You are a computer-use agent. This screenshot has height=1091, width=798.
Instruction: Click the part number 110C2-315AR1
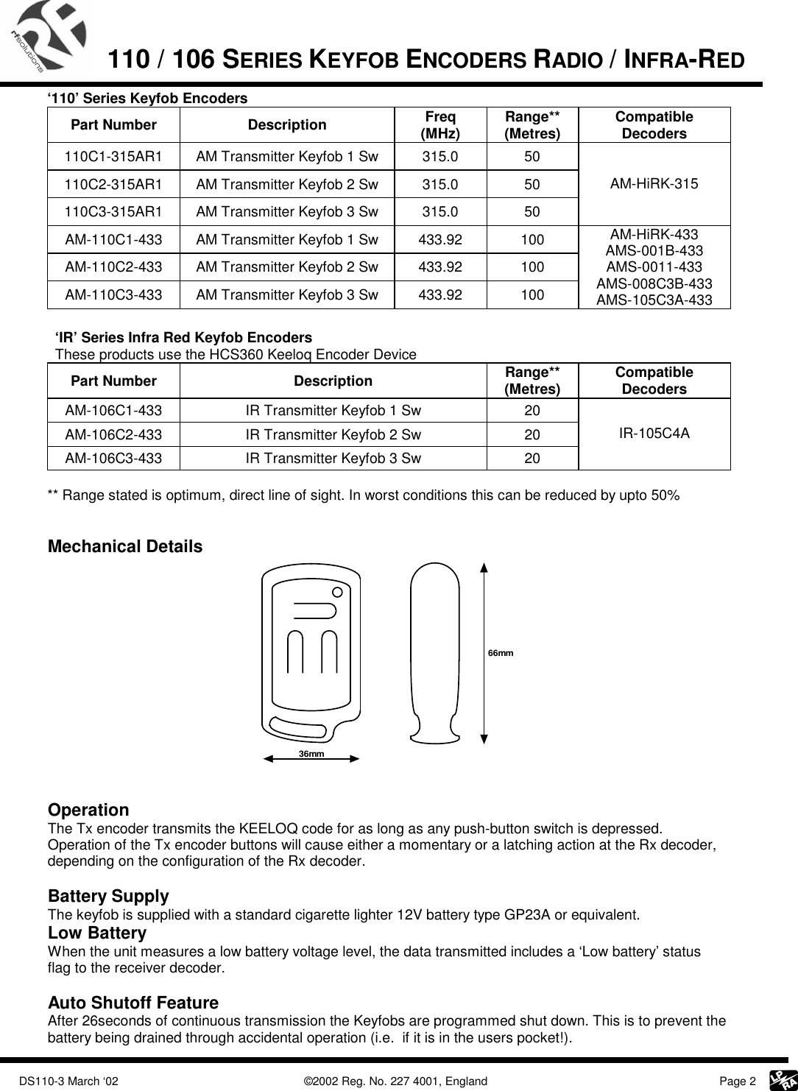click(114, 184)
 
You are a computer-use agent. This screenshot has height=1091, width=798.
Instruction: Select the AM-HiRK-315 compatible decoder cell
click(654, 183)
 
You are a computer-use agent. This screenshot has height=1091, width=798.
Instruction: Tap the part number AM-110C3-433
click(114, 295)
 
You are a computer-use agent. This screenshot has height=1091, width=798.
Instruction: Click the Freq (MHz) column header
click(439, 125)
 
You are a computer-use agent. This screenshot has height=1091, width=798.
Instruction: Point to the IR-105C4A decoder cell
click(654, 433)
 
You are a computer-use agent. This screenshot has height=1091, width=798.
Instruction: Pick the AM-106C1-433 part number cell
click(114, 410)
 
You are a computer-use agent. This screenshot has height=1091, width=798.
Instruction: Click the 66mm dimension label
click(501, 653)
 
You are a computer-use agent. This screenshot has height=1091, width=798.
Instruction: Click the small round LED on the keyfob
click(337, 592)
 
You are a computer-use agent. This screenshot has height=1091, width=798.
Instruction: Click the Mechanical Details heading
click(124, 547)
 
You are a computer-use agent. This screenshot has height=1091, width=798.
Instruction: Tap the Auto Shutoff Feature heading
click(133, 1003)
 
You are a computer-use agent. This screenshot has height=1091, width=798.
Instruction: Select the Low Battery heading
click(96, 933)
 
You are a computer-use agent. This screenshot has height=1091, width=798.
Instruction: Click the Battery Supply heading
click(108, 897)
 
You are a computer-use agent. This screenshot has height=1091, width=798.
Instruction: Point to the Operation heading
click(88, 810)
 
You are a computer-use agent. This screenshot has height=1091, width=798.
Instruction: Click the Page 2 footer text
click(737, 1081)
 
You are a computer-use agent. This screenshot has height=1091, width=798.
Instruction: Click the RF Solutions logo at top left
click(48, 37)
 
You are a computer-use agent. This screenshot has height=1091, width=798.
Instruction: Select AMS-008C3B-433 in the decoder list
click(654, 283)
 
